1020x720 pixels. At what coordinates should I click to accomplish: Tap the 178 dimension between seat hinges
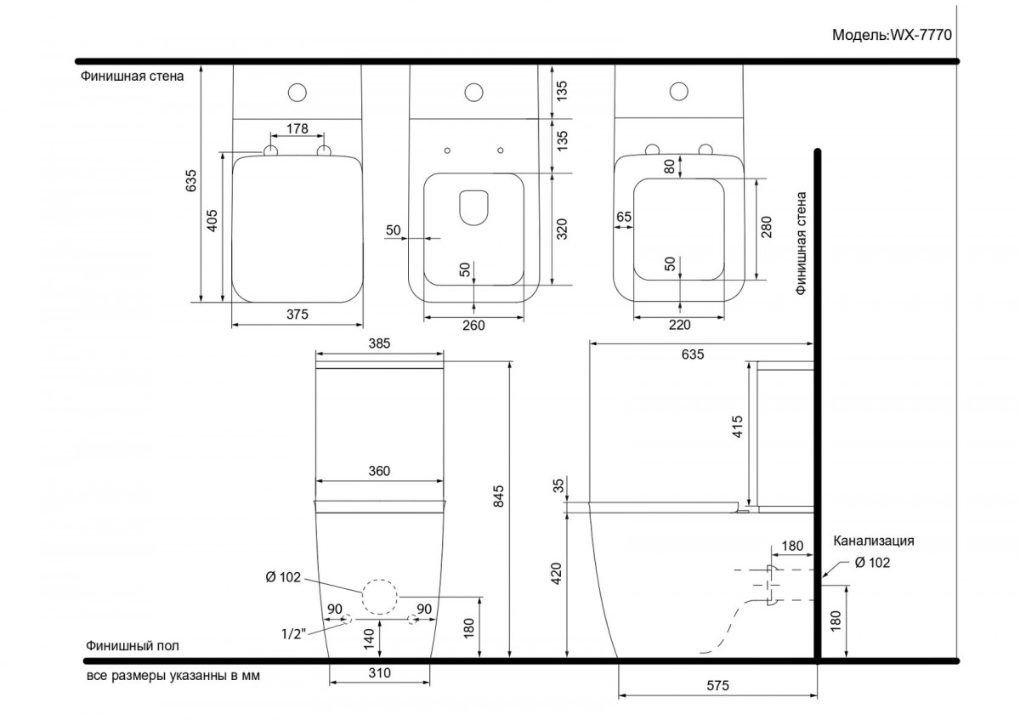coord(297,129)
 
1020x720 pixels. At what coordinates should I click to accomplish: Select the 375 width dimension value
coord(297,315)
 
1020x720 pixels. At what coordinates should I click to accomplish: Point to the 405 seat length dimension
coord(212,220)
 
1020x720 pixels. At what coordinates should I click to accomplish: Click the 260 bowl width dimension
coord(473,326)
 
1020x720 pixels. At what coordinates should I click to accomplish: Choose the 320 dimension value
coord(563,229)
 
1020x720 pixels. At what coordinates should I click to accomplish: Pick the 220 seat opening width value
coord(679,325)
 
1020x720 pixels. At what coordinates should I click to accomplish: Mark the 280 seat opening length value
coord(767,227)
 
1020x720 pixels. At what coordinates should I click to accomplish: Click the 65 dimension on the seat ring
coord(624,217)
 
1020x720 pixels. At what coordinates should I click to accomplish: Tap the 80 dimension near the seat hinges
coord(669,167)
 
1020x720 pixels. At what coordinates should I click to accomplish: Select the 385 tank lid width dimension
coord(379,343)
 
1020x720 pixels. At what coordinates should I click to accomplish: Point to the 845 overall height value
coord(499,496)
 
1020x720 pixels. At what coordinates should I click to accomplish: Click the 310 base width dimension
coord(379,672)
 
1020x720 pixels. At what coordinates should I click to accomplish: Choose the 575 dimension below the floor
coord(717,685)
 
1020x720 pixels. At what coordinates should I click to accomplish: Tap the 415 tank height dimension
coord(737,427)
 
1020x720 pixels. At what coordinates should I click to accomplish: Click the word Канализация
coord(874,541)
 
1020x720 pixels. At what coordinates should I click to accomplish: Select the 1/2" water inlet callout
coord(294,633)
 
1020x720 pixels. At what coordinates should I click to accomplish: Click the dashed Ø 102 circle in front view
coord(380,580)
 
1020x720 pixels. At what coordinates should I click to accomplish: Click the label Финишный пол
coord(133,646)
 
